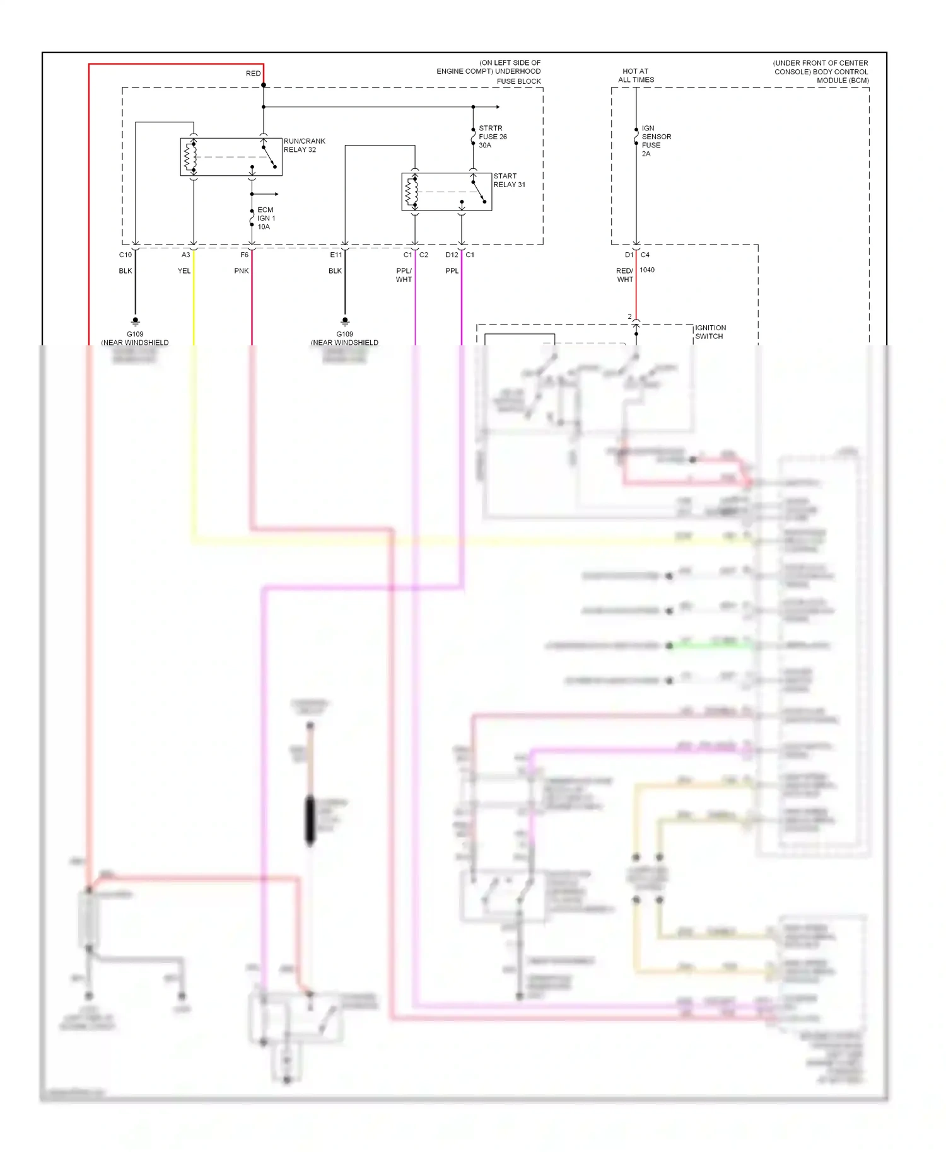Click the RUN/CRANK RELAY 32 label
tap(304, 146)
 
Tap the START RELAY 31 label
tap(508, 180)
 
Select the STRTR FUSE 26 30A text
tap(492, 137)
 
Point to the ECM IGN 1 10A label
tap(266, 218)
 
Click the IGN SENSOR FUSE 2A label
tap(656, 141)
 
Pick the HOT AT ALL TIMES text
tap(636, 76)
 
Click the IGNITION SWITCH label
tap(710, 332)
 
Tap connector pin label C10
tap(126, 255)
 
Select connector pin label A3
tap(185, 255)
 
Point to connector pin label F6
tap(244, 255)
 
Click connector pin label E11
tap(336, 255)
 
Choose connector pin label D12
tap(452, 255)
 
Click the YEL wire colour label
tap(184, 271)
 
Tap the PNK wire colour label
tap(241, 271)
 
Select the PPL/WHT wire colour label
tap(404, 275)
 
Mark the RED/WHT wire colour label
tap(624, 275)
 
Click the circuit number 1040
tap(647, 270)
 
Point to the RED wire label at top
tap(253, 74)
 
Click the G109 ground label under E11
tap(344, 335)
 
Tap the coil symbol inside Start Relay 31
tap(412, 192)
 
